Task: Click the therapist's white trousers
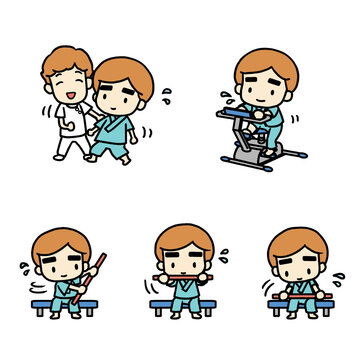pyautogui.click(x=70, y=143)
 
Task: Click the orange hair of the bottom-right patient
pyautogui.click(x=299, y=241)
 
